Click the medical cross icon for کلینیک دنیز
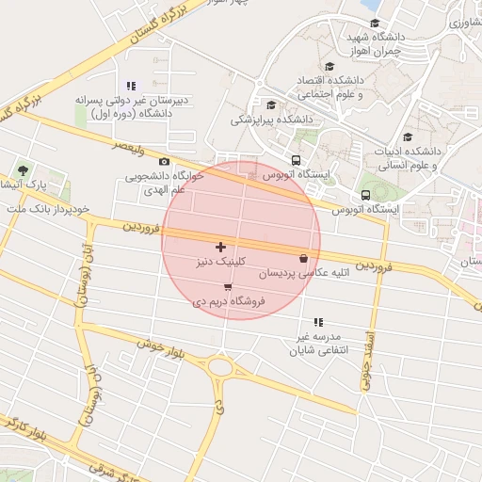[221, 247]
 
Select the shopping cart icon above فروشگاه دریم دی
[229, 287]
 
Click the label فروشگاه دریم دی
[230, 301]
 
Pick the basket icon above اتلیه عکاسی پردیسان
[302, 259]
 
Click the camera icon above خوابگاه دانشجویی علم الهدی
[165, 162]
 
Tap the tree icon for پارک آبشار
[23, 170]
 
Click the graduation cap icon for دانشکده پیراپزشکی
[272, 105]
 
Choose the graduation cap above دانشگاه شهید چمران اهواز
[375, 24]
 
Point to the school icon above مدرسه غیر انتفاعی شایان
[317, 323]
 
